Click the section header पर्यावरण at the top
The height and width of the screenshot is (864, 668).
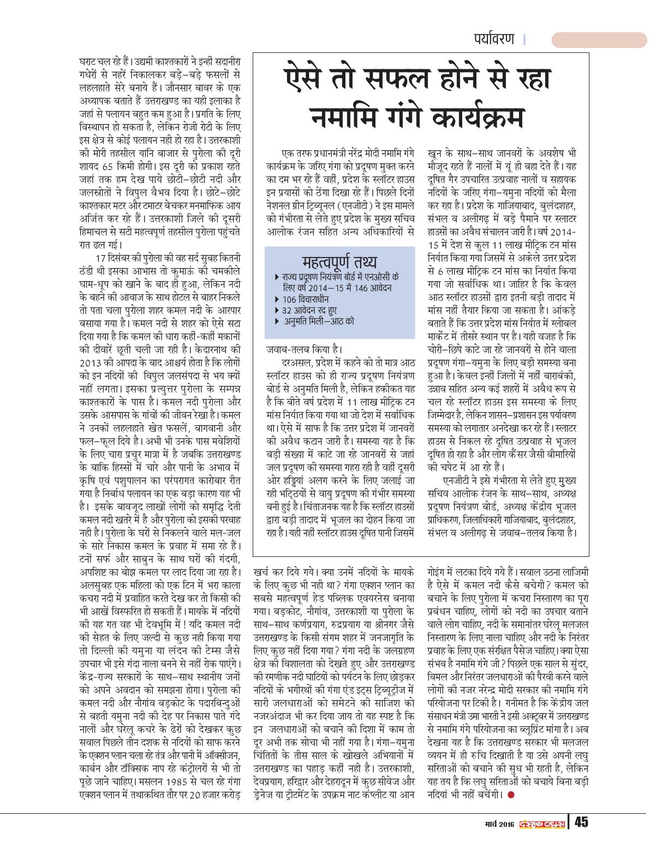click(494, 39)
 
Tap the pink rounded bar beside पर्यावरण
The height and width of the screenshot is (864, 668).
click(599, 40)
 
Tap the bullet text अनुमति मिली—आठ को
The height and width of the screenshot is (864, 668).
click(319, 321)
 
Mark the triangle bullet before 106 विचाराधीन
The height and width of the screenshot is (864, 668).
click(277, 299)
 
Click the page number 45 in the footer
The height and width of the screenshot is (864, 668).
click(581, 821)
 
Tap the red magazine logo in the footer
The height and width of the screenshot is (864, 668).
click(541, 823)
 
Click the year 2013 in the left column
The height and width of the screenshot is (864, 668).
click(91, 363)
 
